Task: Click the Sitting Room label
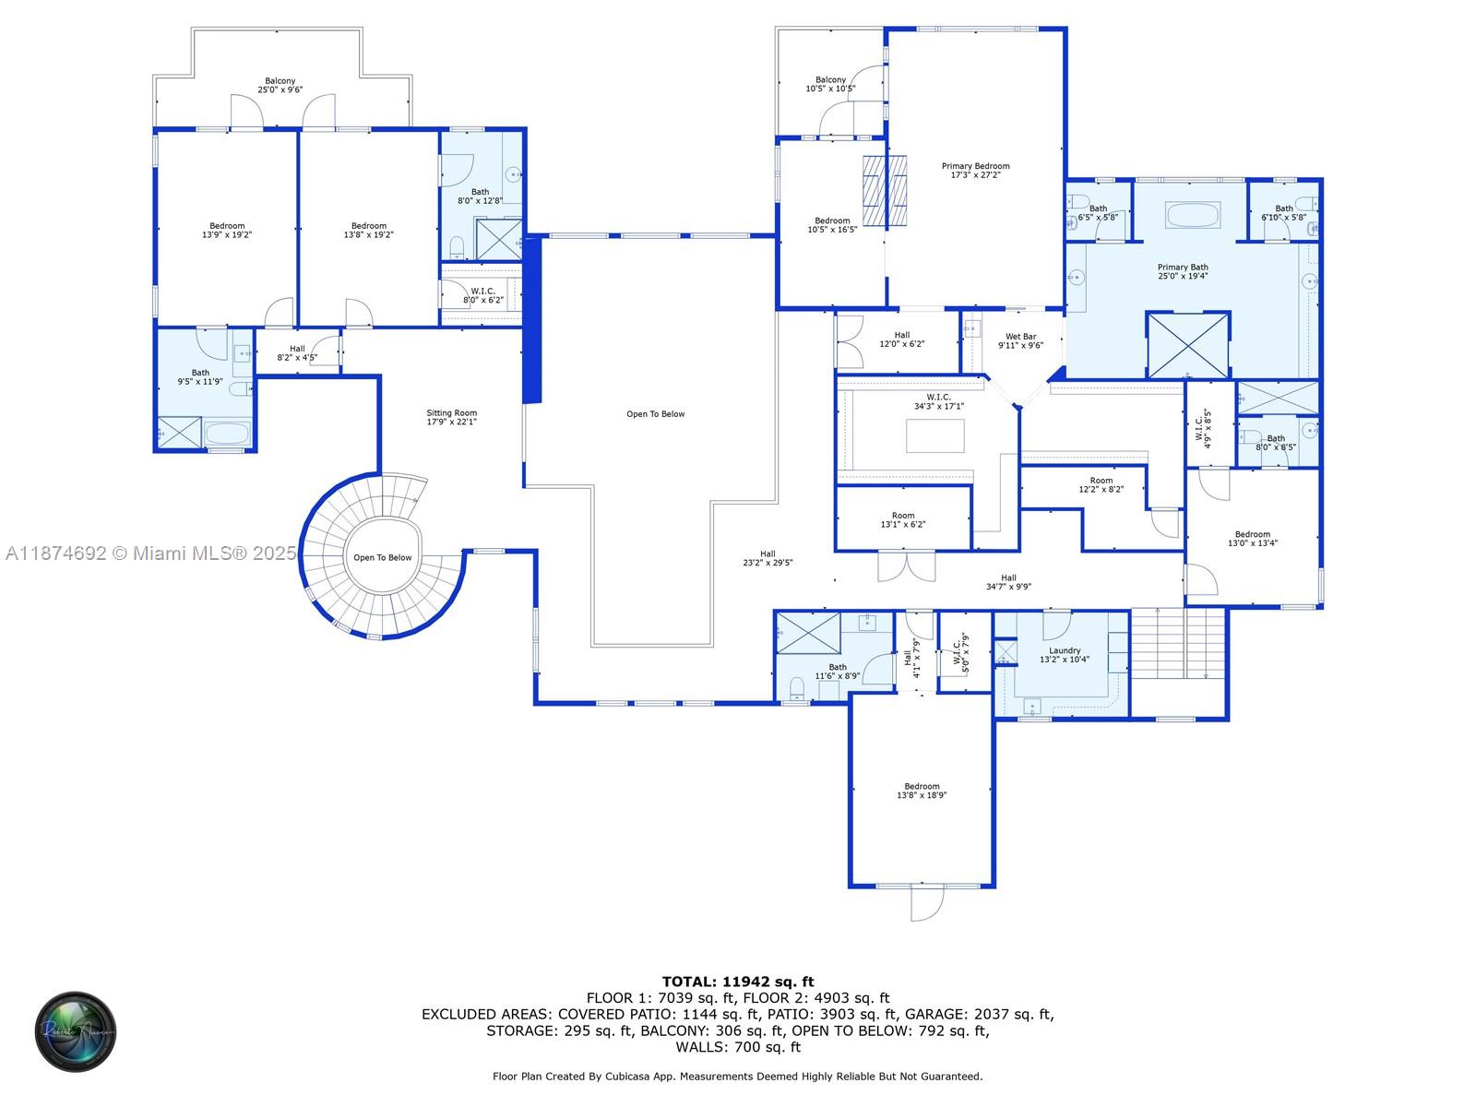pos(451,418)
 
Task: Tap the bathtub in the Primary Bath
pos(1193,215)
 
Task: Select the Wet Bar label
pos(1020,341)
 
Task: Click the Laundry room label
pos(1065,655)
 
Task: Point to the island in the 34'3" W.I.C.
pos(934,435)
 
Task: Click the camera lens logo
pos(76,1031)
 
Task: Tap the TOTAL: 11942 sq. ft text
pos(738,982)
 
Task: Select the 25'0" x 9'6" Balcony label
pos(280,86)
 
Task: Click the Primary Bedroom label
pos(975,171)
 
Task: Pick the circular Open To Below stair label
pos(382,557)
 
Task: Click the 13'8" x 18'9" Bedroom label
pos(922,791)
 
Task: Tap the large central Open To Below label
pos(655,414)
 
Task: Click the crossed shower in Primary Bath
pos(1188,345)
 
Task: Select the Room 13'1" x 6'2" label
pos(903,520)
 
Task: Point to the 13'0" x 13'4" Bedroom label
pos(1252,539)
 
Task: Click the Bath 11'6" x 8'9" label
pos(837,672)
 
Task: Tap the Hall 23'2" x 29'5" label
pos(768,558)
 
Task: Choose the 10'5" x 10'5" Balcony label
pos(830,85)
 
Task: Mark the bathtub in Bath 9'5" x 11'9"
pos(227,434)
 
